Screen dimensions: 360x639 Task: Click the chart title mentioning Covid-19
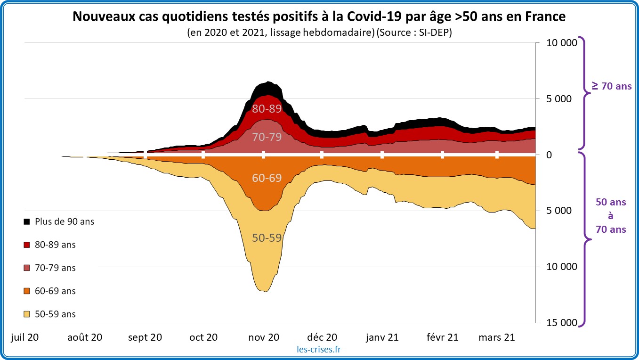click(319, 17)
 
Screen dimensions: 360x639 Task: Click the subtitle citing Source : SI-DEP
click(319, 33)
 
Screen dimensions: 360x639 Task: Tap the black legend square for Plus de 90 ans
click(27, 221)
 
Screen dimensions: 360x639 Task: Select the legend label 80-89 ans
click(55, 245)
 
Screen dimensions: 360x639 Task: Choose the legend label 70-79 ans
click(55, 268)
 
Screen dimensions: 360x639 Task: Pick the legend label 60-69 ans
click(55, 291)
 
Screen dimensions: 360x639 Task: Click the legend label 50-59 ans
click(55, 314)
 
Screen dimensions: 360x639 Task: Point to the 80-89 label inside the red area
click(267, 109)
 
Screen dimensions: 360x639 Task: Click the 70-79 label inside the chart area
click(267, 138)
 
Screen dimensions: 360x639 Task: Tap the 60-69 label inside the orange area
click(267, 178)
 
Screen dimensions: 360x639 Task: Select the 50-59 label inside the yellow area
click(267, 238)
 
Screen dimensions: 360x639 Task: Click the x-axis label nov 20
click(264, 337)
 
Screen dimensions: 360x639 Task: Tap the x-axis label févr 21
click(442, 337)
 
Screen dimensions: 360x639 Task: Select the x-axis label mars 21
click(497, 337)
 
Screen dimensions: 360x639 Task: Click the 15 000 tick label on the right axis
click(561, 322)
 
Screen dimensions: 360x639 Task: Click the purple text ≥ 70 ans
click(612, 86)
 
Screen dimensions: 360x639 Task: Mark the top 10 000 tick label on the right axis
click(561, 43)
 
